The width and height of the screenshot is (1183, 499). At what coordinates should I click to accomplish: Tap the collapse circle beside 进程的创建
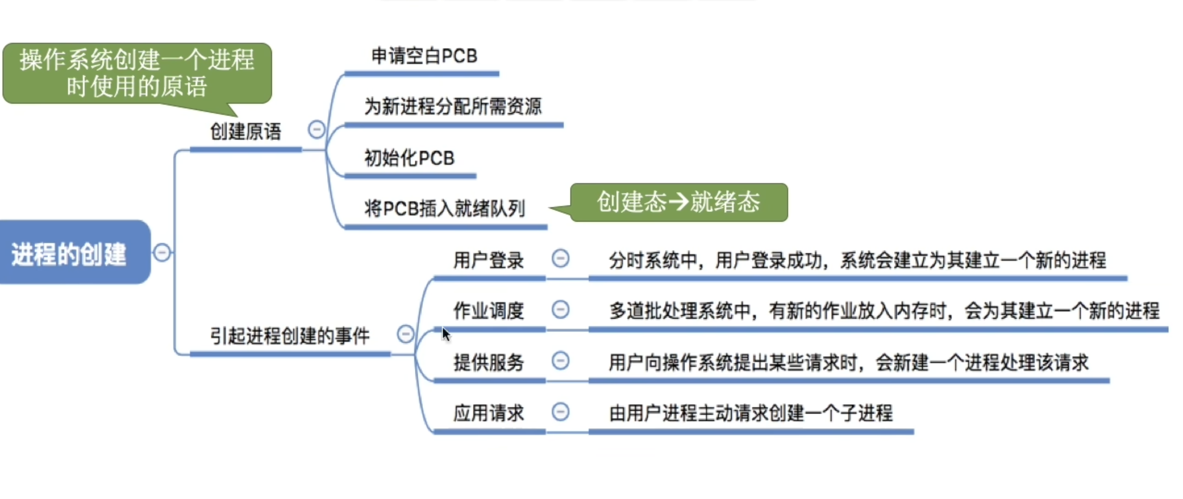click(162, 252)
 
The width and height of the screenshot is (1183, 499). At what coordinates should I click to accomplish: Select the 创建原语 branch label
click(245, 132)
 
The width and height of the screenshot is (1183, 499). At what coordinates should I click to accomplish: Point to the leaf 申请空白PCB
click(424, 56)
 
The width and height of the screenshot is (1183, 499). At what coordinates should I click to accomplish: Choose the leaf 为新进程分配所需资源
click(453, 107)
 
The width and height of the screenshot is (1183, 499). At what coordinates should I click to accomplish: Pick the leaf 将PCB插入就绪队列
click(444, 209)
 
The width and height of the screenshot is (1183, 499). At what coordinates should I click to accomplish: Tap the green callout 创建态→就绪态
click(679, 202)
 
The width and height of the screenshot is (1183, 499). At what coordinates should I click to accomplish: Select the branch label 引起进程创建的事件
click(290, 336)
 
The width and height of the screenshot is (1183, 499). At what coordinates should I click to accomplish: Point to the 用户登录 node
click(489, 260)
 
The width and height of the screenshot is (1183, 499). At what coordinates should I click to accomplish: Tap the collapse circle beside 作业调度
click(560, 310)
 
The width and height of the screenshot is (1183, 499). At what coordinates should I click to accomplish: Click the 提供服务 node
click(489, 362)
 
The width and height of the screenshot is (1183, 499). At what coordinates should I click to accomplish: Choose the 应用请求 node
click(489, 413)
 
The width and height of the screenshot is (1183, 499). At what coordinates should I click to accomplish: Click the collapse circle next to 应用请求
click(560, 412)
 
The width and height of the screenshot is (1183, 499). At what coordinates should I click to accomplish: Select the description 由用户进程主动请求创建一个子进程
click(751, 413)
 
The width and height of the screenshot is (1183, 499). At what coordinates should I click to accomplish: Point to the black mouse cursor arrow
click(446, 334)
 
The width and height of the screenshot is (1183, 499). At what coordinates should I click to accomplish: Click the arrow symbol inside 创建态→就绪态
click(678, 202)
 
